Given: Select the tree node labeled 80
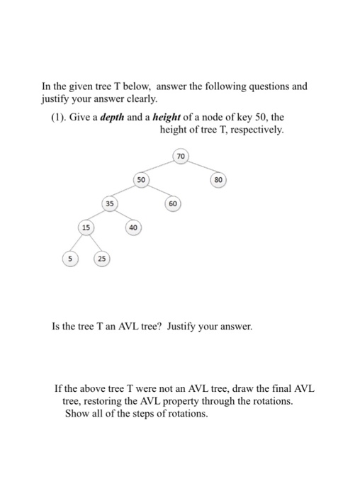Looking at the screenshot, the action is click(x=218, y=180).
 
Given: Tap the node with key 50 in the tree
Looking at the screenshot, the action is click(x=141, y=180).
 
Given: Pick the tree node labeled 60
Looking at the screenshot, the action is click(x=172, y=204).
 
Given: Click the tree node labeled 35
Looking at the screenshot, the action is click(x=109, y=204).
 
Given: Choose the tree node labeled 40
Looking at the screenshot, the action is click(x=133, y=227).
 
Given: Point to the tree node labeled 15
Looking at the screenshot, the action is click(x=86, y=227).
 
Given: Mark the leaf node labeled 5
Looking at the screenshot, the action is click(x=69, y=259).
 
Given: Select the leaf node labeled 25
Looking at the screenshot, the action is click(x=102, y=259).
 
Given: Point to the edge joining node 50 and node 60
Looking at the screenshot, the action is click(x=157, y=192).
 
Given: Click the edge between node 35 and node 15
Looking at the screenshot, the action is click(x=97, y=216).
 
